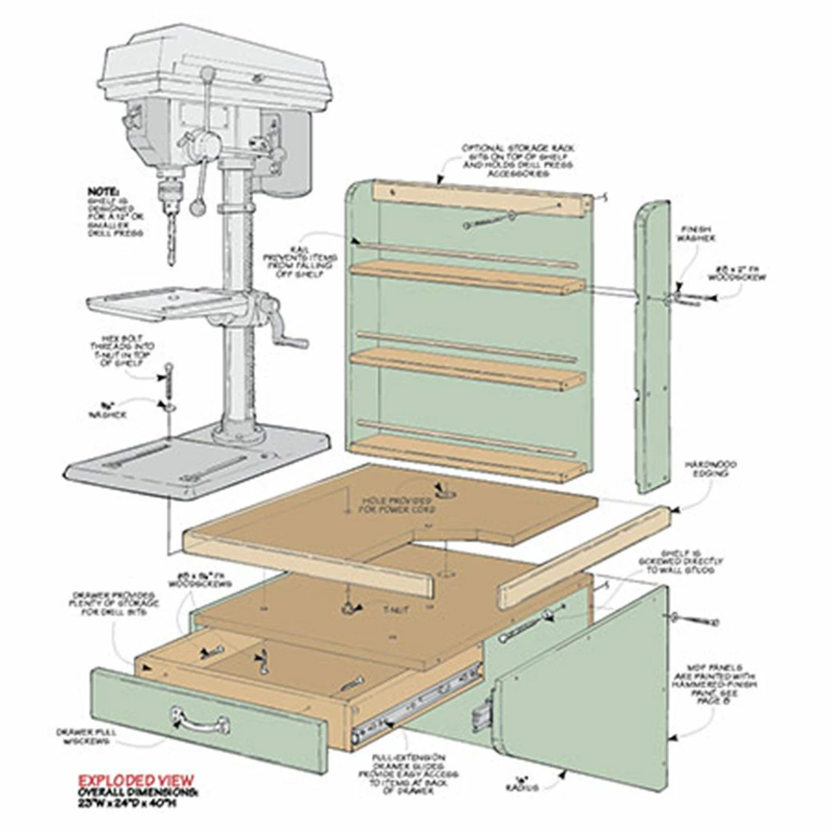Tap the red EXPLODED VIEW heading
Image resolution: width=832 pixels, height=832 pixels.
click(136, 780)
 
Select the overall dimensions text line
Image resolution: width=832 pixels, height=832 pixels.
click(137, 797)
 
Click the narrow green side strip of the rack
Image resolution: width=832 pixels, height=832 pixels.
click(650, 347)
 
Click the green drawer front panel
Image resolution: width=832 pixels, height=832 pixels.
click(208, 721)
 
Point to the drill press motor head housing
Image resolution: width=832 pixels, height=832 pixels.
click(215, 62)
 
